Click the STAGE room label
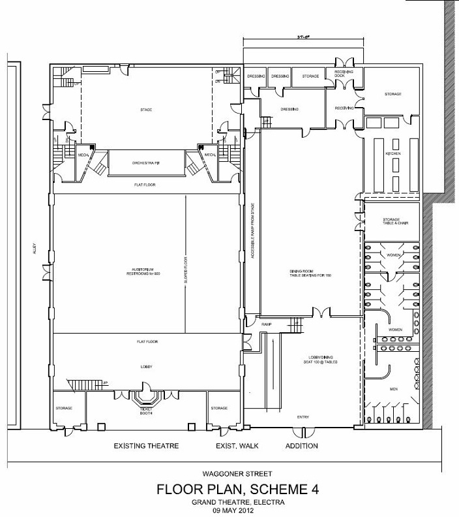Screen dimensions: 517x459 coord(146,109)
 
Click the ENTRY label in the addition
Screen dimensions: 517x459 coord(303,418)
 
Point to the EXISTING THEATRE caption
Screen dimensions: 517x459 coord(147,446)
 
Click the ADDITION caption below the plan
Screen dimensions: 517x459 coord(301,446)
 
